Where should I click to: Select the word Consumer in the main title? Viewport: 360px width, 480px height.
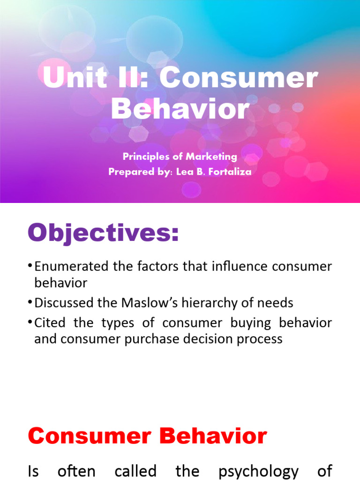[x=239, y=79]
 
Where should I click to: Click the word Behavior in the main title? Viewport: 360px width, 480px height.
[x=180, y=109]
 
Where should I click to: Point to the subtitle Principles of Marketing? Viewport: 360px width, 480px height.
[x=180, y=157]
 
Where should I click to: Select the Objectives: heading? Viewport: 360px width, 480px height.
[x=103, y=233]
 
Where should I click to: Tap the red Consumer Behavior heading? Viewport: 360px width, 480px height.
[x=147, y=436]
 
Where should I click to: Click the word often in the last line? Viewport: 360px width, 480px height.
[x=76, y=471]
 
